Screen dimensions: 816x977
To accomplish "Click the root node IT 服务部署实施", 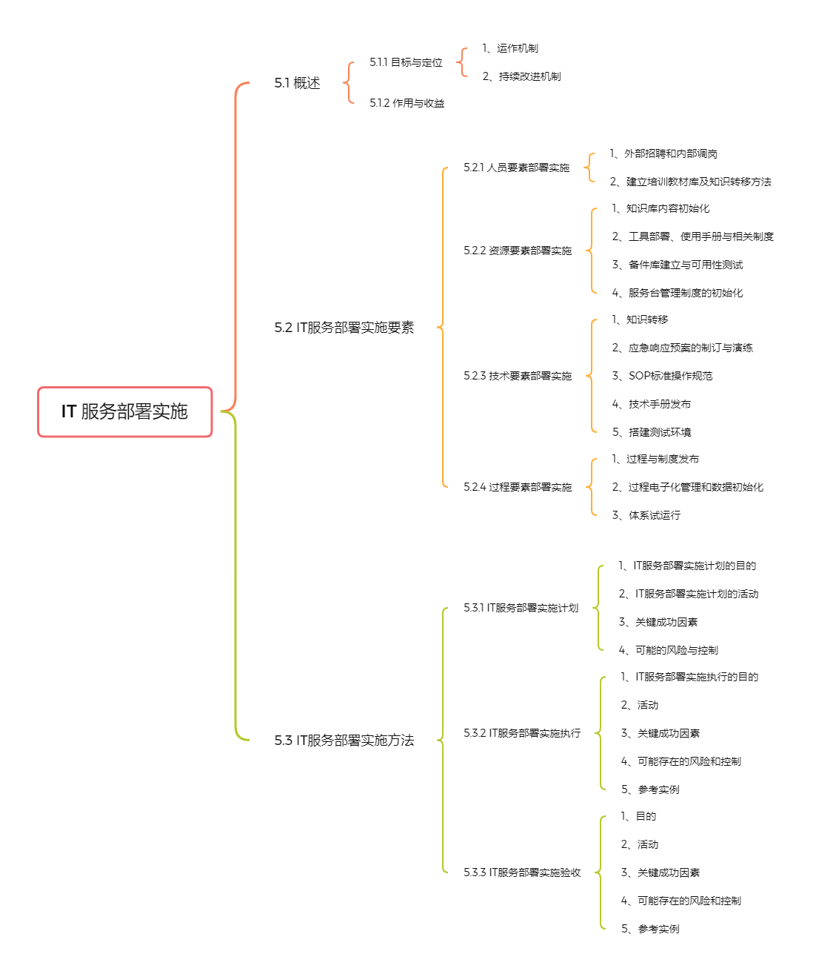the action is tap(125, 411).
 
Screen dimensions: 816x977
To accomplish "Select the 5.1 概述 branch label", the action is tap(297, 83).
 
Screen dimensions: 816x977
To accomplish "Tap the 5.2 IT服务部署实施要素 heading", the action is tap(344, 327).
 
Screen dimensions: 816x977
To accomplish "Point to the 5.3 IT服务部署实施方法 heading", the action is tap(344, 740).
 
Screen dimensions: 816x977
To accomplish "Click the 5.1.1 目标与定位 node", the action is tap(406, 62).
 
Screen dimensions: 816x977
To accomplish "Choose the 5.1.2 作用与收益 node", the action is tap(407, 103).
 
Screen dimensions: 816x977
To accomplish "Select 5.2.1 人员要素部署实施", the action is tap(516, 168).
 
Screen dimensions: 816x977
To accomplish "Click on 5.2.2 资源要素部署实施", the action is tap(518, 251).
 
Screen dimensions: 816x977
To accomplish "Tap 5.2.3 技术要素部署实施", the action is tap(518, 376).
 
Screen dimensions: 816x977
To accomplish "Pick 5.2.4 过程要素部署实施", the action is tap(518, 486).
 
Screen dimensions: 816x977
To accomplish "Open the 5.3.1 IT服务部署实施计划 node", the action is tap(521, 607).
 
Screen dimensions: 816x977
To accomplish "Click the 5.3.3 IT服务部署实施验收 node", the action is tap(522, 872).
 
